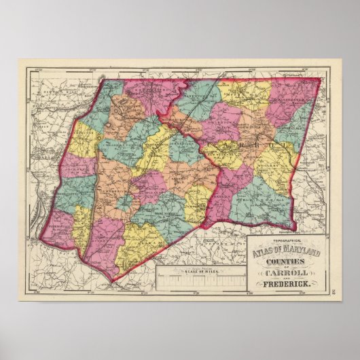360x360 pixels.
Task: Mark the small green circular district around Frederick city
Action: tap(124, 202)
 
